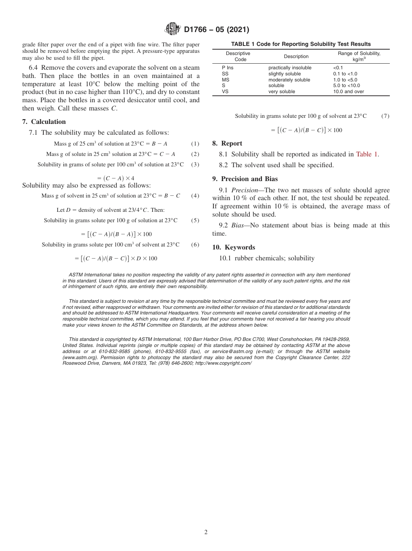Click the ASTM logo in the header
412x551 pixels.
173,29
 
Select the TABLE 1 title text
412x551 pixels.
301,44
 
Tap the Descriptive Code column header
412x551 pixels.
238,56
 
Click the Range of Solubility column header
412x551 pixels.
359,56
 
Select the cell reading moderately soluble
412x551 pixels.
289,80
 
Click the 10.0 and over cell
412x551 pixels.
348,91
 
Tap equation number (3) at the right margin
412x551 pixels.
195,165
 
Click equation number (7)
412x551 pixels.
385,116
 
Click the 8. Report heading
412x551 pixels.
227,143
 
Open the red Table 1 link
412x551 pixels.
367,154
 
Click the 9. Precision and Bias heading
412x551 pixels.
245,179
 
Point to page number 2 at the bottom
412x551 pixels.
206,532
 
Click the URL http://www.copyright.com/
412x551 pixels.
223,363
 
